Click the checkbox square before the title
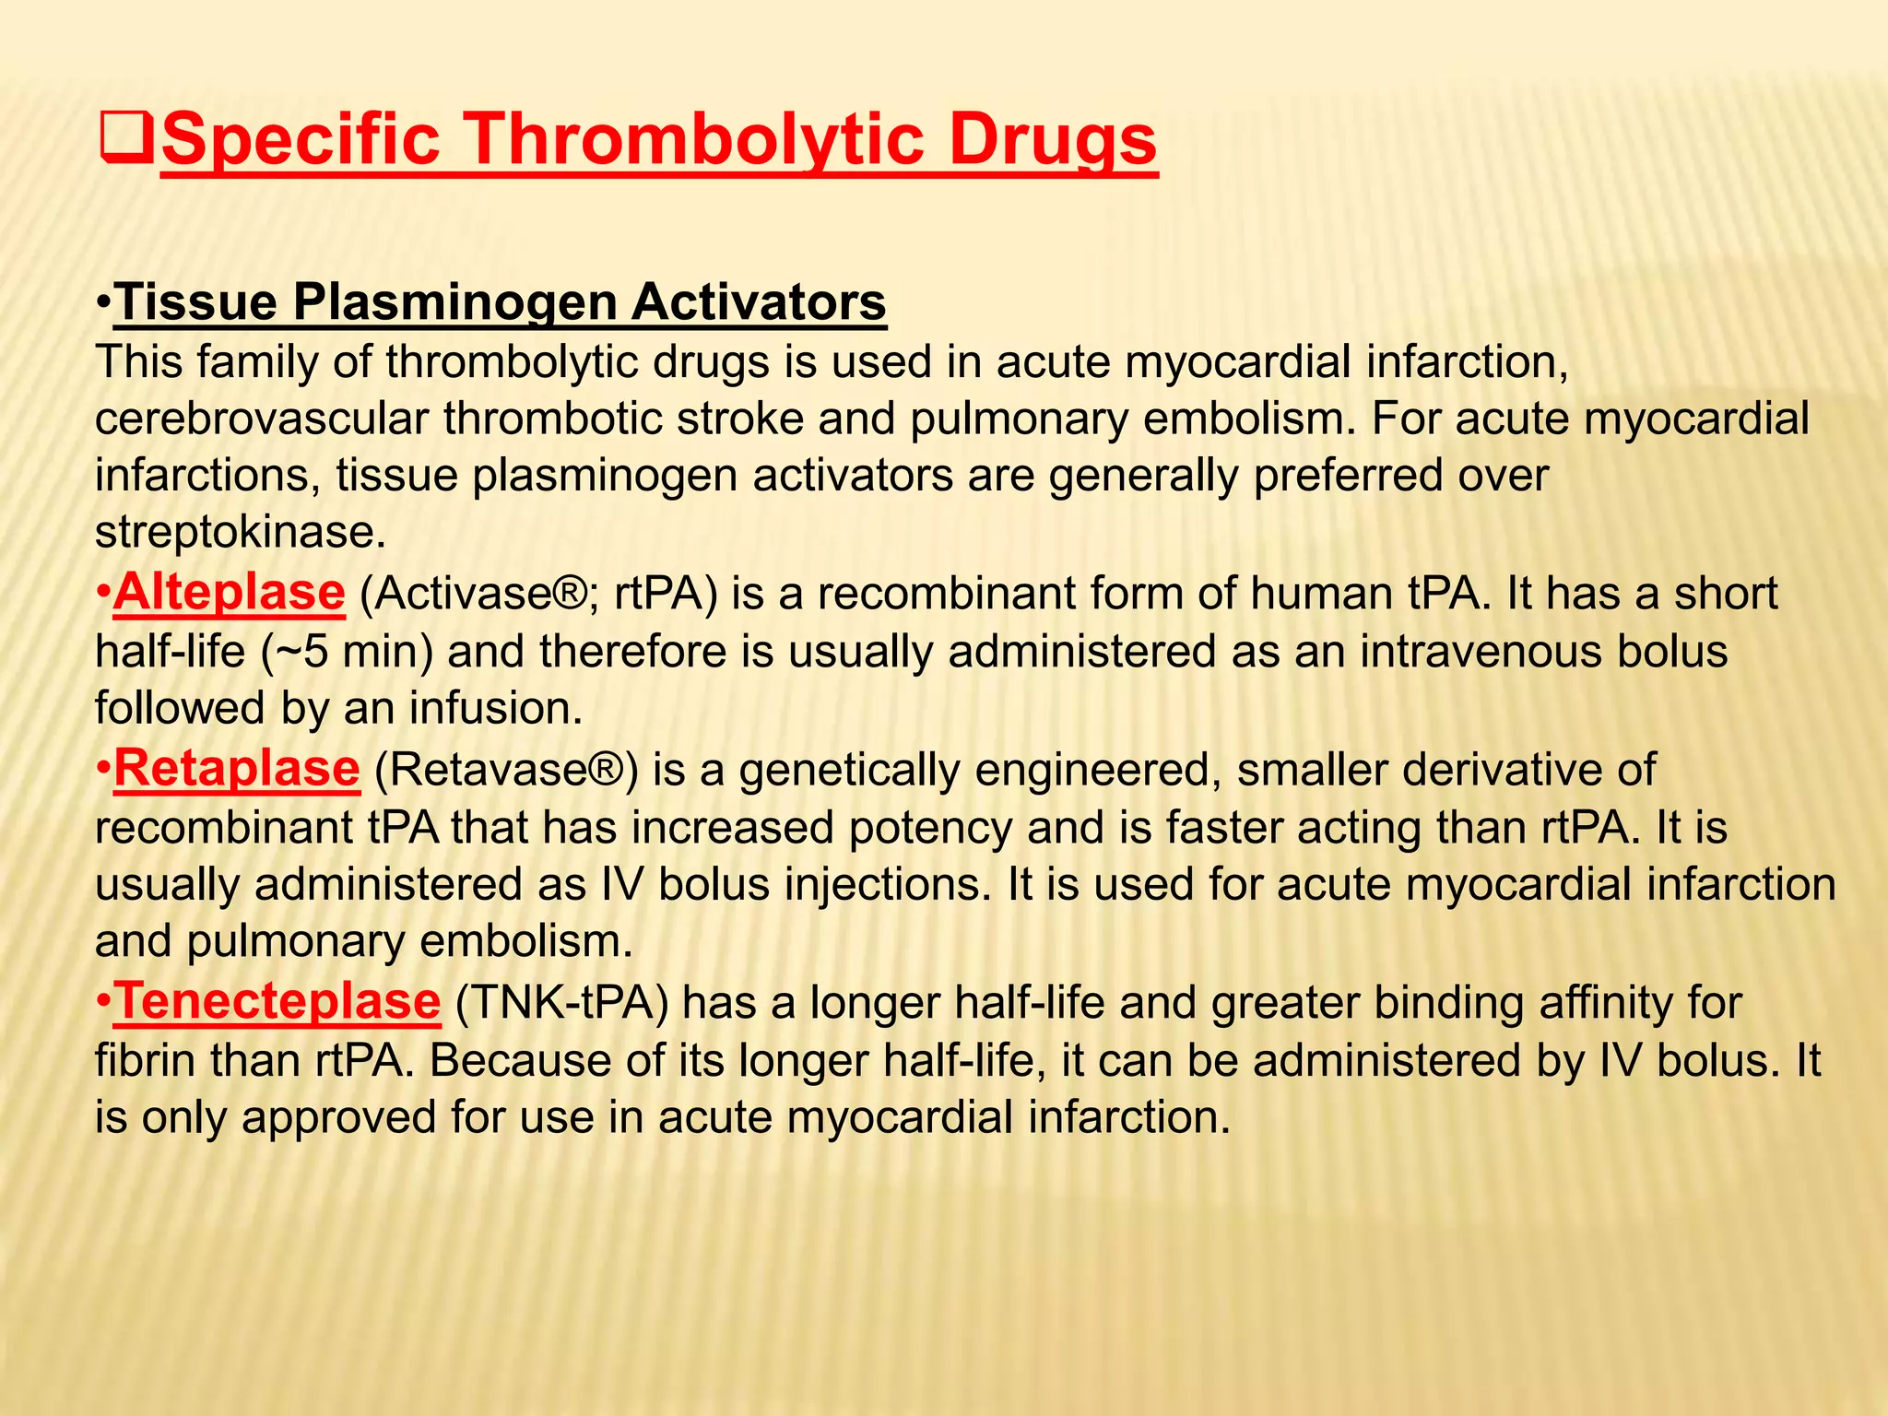[x=126, y=141]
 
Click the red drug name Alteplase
[x=230, y=593]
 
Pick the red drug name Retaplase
[x=236, y=769]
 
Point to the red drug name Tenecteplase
[x=277, y=1002]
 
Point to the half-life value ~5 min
[x=348, y=653]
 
